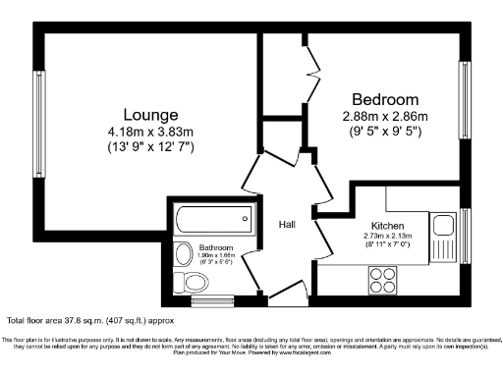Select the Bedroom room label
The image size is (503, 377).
point(385,100)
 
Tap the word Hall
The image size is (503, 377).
point(287,225)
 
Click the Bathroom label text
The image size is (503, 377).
point(216,247)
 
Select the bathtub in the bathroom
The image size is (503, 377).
point(213,218)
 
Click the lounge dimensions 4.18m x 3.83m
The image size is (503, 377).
point(150,131)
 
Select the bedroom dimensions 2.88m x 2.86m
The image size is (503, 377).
point(385,118)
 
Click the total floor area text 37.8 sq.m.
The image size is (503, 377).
point(76,320)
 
